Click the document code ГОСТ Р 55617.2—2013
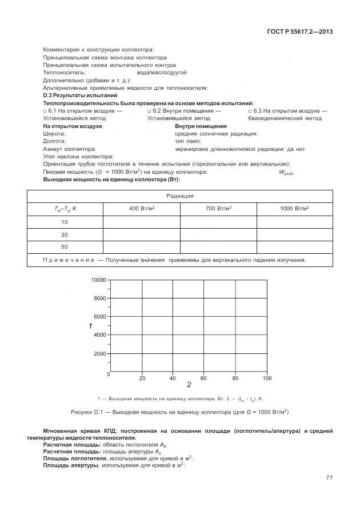[299, 31]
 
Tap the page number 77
[329, 477]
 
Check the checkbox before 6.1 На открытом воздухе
[45, 111]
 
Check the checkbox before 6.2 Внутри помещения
[149, 111]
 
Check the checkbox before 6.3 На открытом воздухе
[250, 111]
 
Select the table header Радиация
[180, 196]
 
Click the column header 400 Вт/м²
[142, 209]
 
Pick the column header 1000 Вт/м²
[294, 209]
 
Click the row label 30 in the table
[65, 234]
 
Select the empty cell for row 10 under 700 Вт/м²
[218, 222]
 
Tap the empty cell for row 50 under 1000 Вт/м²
[294, 247]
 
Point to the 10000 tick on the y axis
[98, 280]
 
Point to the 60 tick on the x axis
[203, 378]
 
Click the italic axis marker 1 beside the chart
[90, 326]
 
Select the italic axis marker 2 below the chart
[189, 385]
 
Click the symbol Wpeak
[286, 172]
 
